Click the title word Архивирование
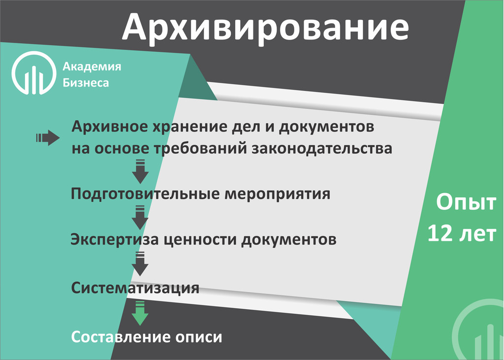tap(265, 28)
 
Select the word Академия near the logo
tap(92, 66)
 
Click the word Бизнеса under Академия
tap(86, 83)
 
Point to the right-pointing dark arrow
tap(48, 138)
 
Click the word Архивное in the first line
tap(109, 127)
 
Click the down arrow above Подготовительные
tap(140, 171)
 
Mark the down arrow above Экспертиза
tap(140, 217)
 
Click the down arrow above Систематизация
tap(140, 264)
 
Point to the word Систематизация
tap(135, 288)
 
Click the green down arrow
tap(140, 313)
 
